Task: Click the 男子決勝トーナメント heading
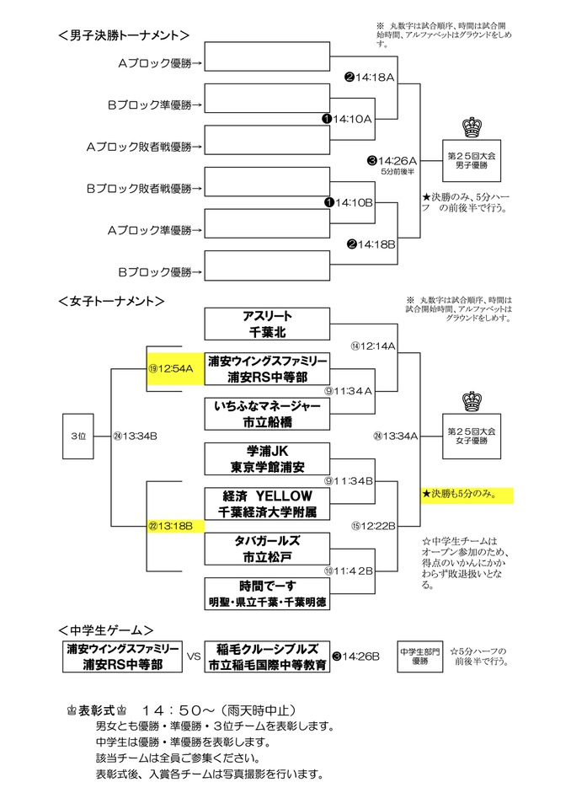(124, 35)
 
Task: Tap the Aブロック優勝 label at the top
(156, 62)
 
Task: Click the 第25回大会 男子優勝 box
(471, 158)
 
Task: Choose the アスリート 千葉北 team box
(266, 324)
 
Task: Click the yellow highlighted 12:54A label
(174, 368)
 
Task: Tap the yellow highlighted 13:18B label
(174, 525)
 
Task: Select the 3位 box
(78, 436)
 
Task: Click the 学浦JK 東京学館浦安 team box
(266, 458)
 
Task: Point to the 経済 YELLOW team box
(266, 503)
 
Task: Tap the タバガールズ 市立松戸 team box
(266, 548)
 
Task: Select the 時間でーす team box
(266, 592)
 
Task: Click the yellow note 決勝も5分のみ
(467, 495)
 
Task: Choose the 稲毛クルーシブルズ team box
(266, 656)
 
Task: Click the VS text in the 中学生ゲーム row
(193, 656)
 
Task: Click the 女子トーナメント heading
(111, 300)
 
